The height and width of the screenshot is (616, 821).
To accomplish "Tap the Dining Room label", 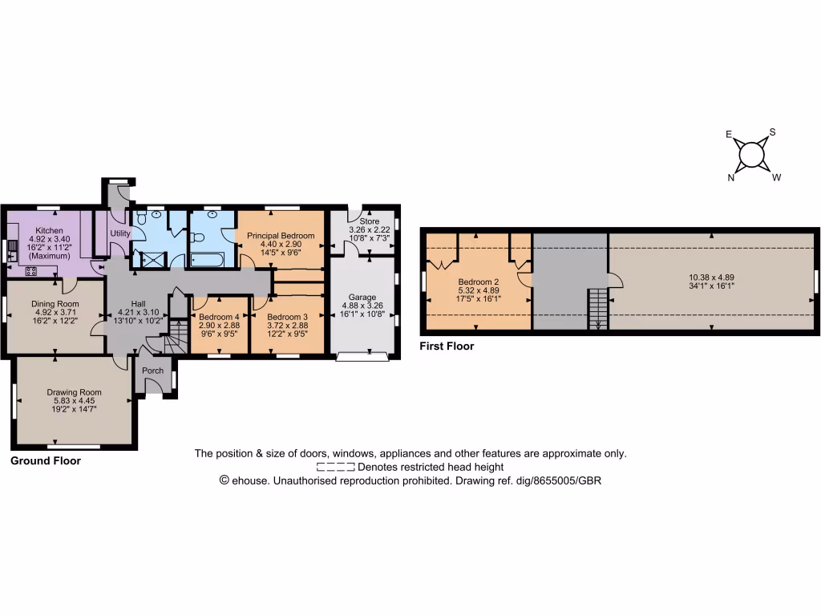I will coord(55,304).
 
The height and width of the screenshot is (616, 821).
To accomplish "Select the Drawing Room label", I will coord(74,392).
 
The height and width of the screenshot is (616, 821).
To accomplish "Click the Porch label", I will coord(152,371).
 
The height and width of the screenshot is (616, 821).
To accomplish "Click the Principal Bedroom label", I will coord(281,235).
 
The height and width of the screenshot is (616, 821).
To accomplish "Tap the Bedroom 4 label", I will coord(219,317).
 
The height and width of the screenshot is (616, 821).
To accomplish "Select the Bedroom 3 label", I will coord(287,317).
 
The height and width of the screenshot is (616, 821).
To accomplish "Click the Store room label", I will coord(369,221).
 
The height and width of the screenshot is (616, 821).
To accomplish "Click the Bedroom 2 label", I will coord(479,282).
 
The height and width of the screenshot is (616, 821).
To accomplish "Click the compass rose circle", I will coord(752,154).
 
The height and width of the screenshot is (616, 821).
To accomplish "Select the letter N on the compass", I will coord(731,178).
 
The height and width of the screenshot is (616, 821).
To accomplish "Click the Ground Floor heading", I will coord(45,461).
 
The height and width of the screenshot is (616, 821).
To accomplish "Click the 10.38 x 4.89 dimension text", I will coord(711,278).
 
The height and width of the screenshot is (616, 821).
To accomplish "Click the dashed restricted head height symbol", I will coord(335,467).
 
